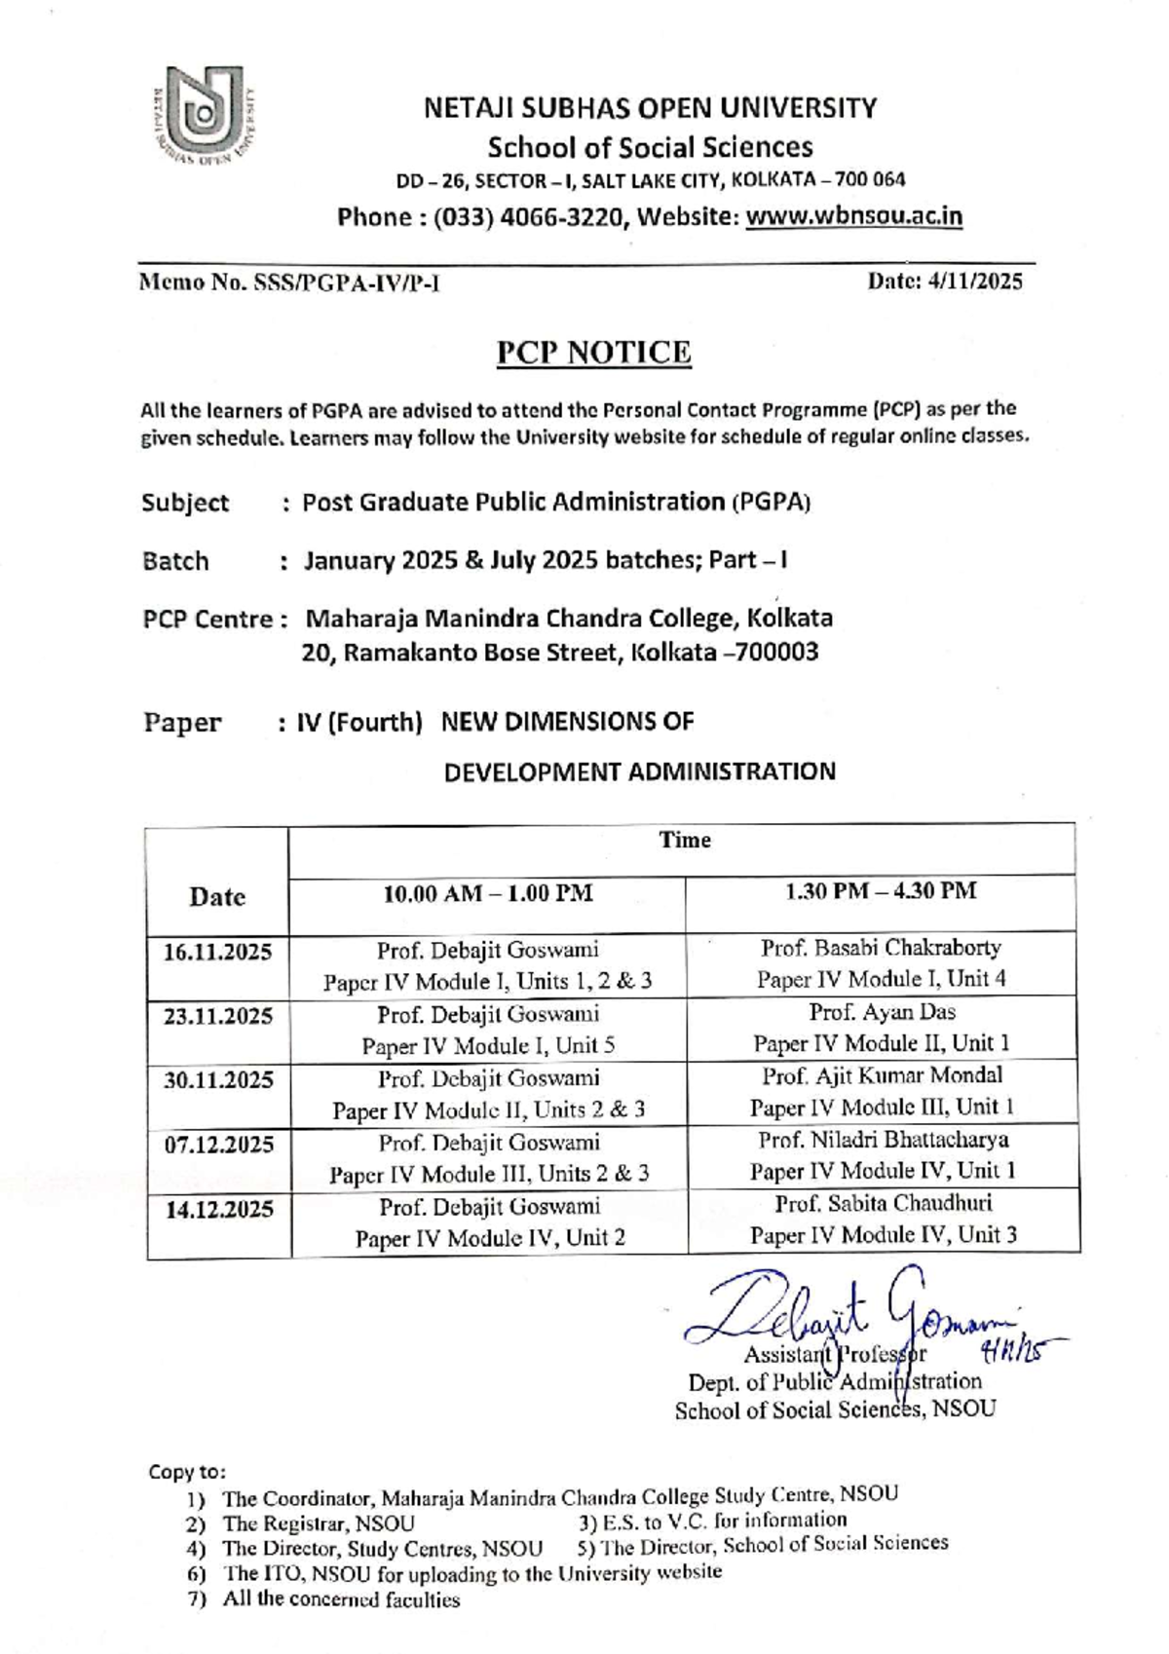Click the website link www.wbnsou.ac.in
pos(853,216)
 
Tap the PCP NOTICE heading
pos(593,352)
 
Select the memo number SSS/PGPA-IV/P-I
pos(346,283)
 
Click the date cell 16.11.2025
pos(217,952)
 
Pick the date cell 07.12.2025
pos(218,1145)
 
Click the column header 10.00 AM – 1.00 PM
pos(487,893)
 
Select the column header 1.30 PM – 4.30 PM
pos(881,890)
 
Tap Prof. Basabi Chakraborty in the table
pos(881,947)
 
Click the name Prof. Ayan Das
pos(882,1011)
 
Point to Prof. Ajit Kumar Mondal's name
pos(882,1075)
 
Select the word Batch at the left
pos(175,561)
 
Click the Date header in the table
pos(217,896)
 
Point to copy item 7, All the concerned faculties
pos(340,1599)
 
